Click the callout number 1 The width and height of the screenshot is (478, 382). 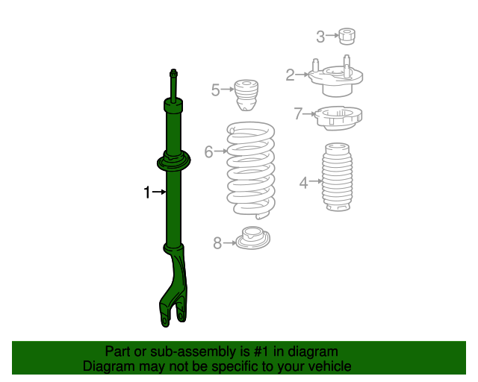[147, 192]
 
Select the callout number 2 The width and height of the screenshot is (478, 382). [290, 74]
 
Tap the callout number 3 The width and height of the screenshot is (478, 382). [320, 36]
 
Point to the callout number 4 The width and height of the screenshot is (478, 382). [303, 181]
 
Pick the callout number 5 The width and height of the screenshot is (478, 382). [215, 90]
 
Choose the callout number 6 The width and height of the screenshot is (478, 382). [208, 151]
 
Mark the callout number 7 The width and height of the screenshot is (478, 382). [298, 114]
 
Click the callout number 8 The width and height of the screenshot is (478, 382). [217, 242]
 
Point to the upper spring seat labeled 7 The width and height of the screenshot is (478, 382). [340, 118]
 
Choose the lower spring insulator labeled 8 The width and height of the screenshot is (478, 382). [252, 239]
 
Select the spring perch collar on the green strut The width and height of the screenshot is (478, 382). [173, 161]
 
